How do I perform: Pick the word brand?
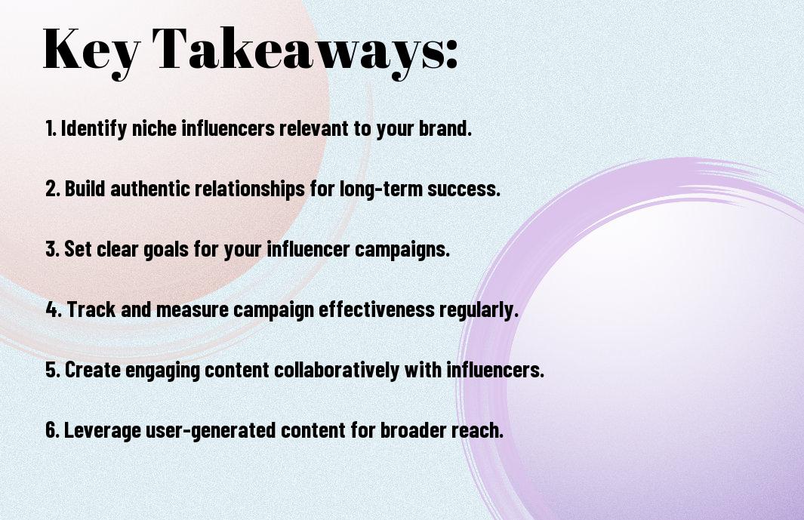445,128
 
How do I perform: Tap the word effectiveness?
377,309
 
